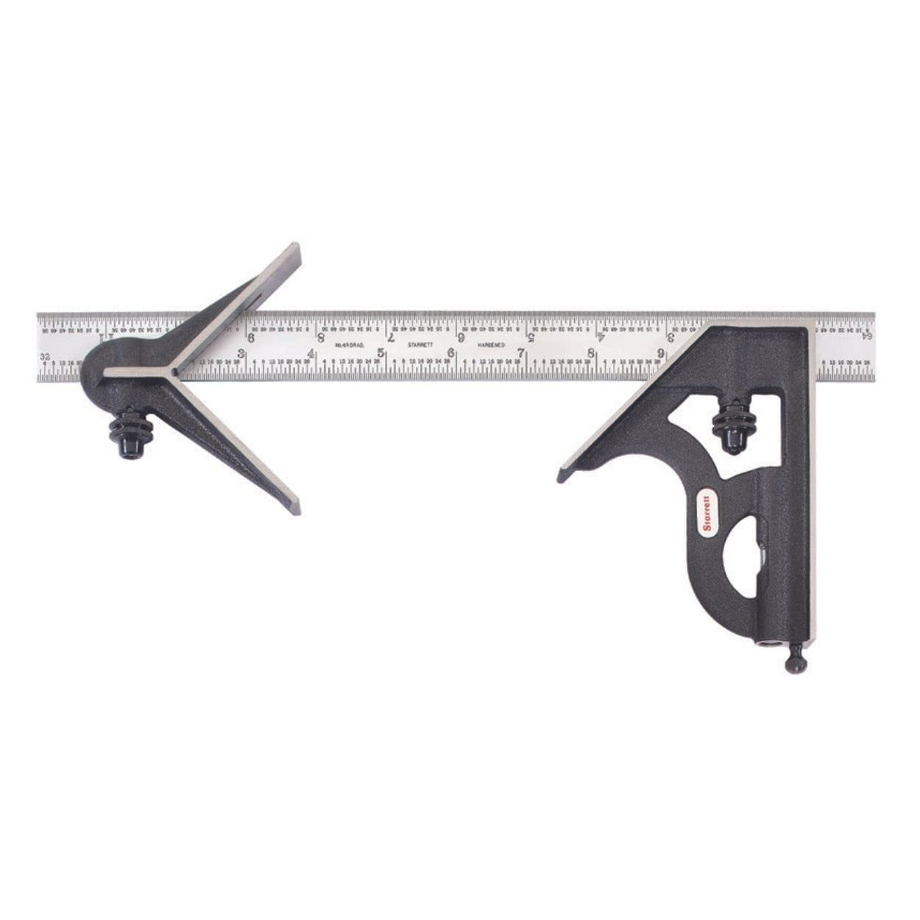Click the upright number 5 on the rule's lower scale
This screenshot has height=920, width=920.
click(x=381, y=353)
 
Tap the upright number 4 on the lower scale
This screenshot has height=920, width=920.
click(x=311, y=353)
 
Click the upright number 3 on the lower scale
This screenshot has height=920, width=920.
click(x=241, y=353)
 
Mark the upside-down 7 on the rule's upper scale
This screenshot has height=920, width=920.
click(x=391, y=338)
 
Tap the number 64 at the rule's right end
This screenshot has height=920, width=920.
click(x=868, y=336)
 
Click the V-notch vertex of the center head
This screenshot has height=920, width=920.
click(x=174, y=373)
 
